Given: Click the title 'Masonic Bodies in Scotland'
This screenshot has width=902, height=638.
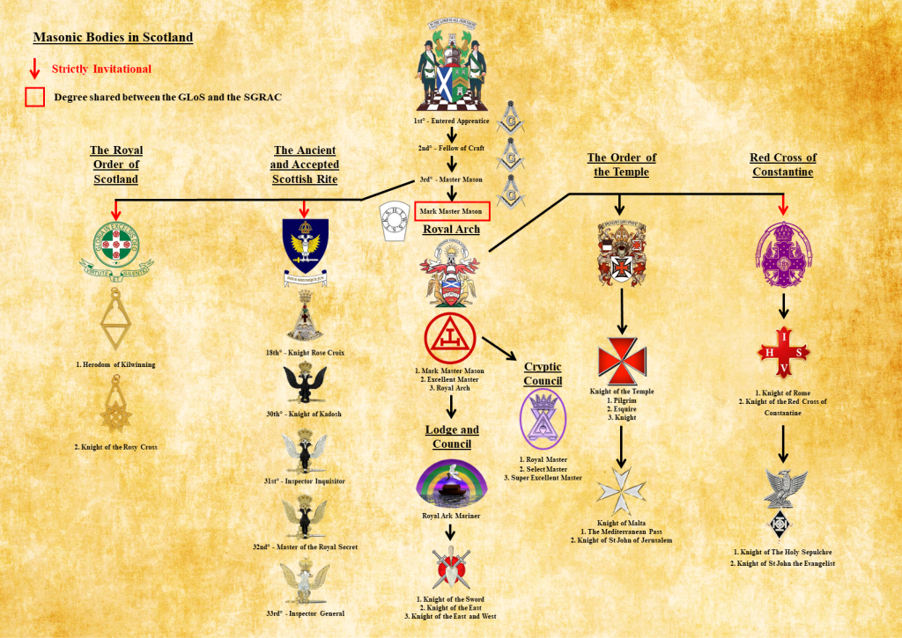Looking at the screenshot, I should tap(113, 38).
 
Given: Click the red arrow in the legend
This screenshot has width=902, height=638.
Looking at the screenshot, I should tap(34, 69).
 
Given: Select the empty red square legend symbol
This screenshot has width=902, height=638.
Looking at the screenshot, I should tap(35, 97).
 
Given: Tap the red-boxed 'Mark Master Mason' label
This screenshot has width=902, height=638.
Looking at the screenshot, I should tap(452, 211).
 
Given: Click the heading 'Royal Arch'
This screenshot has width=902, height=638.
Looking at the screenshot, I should tap(450, 230).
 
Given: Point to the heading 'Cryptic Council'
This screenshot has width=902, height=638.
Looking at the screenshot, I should tap(543, 374).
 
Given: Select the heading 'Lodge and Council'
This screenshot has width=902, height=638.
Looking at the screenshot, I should tap(452, 436).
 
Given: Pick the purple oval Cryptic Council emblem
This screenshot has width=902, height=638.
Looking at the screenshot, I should tap(543, 418).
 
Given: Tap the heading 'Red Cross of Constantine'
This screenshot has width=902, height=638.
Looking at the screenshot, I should tap(783, 165).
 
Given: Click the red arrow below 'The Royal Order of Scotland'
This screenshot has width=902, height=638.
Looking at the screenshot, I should tap(115, 208).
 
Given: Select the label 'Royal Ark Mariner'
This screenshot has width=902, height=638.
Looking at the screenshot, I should tap(451, 516).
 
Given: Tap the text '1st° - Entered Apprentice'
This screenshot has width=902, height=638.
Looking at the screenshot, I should tap(451, 121).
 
